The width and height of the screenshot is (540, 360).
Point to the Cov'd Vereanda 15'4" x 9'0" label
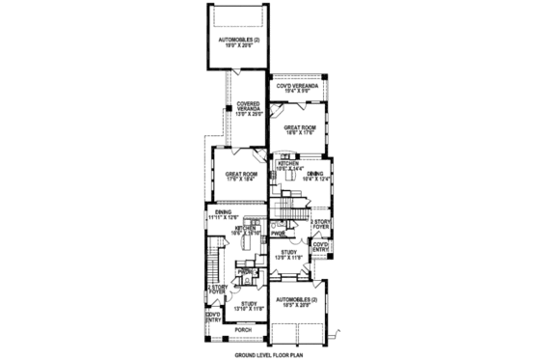(296, 88)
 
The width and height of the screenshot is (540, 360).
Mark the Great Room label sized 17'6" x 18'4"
(233, 177)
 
